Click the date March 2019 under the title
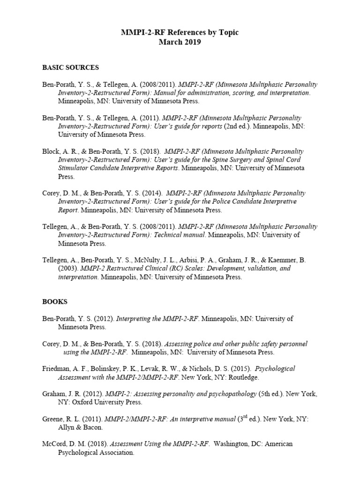(180, 42)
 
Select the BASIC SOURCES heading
(70, 67)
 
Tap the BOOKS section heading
(55, 302)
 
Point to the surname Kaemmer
(282, 260)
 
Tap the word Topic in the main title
(227, 32)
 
